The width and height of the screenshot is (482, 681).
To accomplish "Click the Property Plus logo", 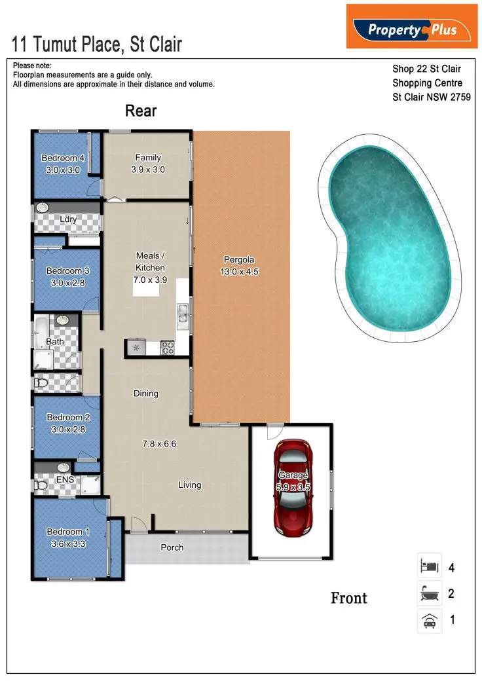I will tap(412, 27).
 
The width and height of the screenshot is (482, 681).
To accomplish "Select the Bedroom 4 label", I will tap(63, 158).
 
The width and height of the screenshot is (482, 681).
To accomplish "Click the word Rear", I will tap(141, 111).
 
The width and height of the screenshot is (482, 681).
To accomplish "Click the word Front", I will tap(348, 598).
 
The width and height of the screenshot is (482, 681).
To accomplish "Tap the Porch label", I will tap(172, 547).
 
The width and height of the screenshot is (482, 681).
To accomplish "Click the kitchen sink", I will tap(182, 314).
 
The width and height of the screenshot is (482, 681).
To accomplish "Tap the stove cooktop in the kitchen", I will tap(167, 348).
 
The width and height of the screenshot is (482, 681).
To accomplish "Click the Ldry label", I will tap(68, 219).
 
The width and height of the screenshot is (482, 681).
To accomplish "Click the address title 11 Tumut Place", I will tap(97, 44).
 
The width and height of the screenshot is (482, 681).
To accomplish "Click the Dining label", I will tap(146, 394).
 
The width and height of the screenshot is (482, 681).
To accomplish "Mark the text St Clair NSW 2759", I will tap(432, 98).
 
